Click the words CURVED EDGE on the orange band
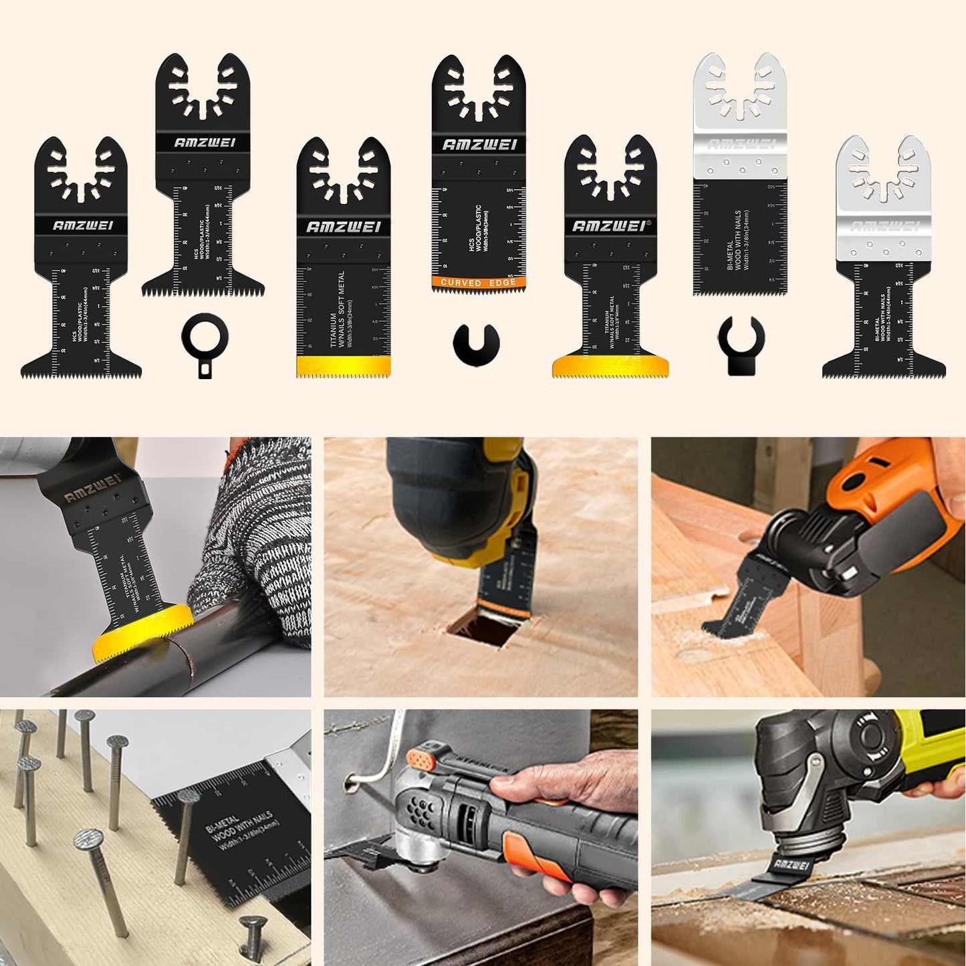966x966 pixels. pos(478,283)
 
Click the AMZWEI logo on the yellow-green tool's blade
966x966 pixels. pos(792,864)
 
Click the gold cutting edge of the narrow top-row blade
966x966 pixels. pos(343,366)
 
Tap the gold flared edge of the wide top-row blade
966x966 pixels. pos(610,366)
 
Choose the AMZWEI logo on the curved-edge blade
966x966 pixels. pos(479,144)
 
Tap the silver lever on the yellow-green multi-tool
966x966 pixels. pos(810,779)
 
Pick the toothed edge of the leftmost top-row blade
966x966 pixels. pos(81,374)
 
